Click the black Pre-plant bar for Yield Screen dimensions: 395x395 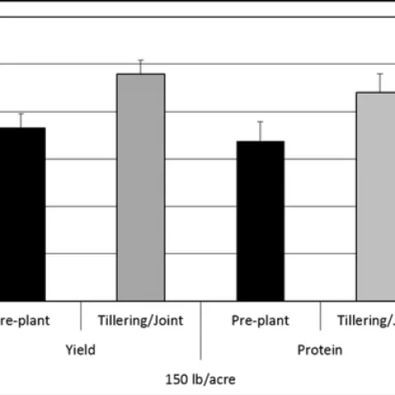coord(21,214)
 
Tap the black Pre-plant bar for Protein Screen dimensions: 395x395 coord(260,221)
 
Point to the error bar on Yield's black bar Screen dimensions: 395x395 coord(21,120)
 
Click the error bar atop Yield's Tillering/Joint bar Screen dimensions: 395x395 coord(140,67)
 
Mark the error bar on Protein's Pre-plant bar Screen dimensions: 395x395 coord(260,131)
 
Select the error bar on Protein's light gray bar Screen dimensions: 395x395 coord(379,82)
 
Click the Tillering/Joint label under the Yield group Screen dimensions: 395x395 coord(140,321)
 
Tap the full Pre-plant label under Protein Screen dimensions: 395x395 coord(260,321)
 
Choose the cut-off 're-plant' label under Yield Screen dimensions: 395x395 coord(22,321)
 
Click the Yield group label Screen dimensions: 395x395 coord(81,350)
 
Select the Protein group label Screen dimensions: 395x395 coord(319,350)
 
